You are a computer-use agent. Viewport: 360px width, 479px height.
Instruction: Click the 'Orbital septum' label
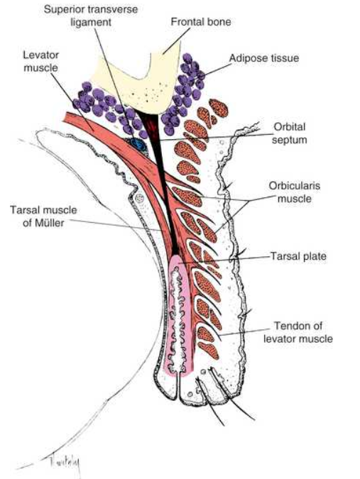(290, 133)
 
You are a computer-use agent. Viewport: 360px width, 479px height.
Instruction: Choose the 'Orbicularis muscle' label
(290, 191)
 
